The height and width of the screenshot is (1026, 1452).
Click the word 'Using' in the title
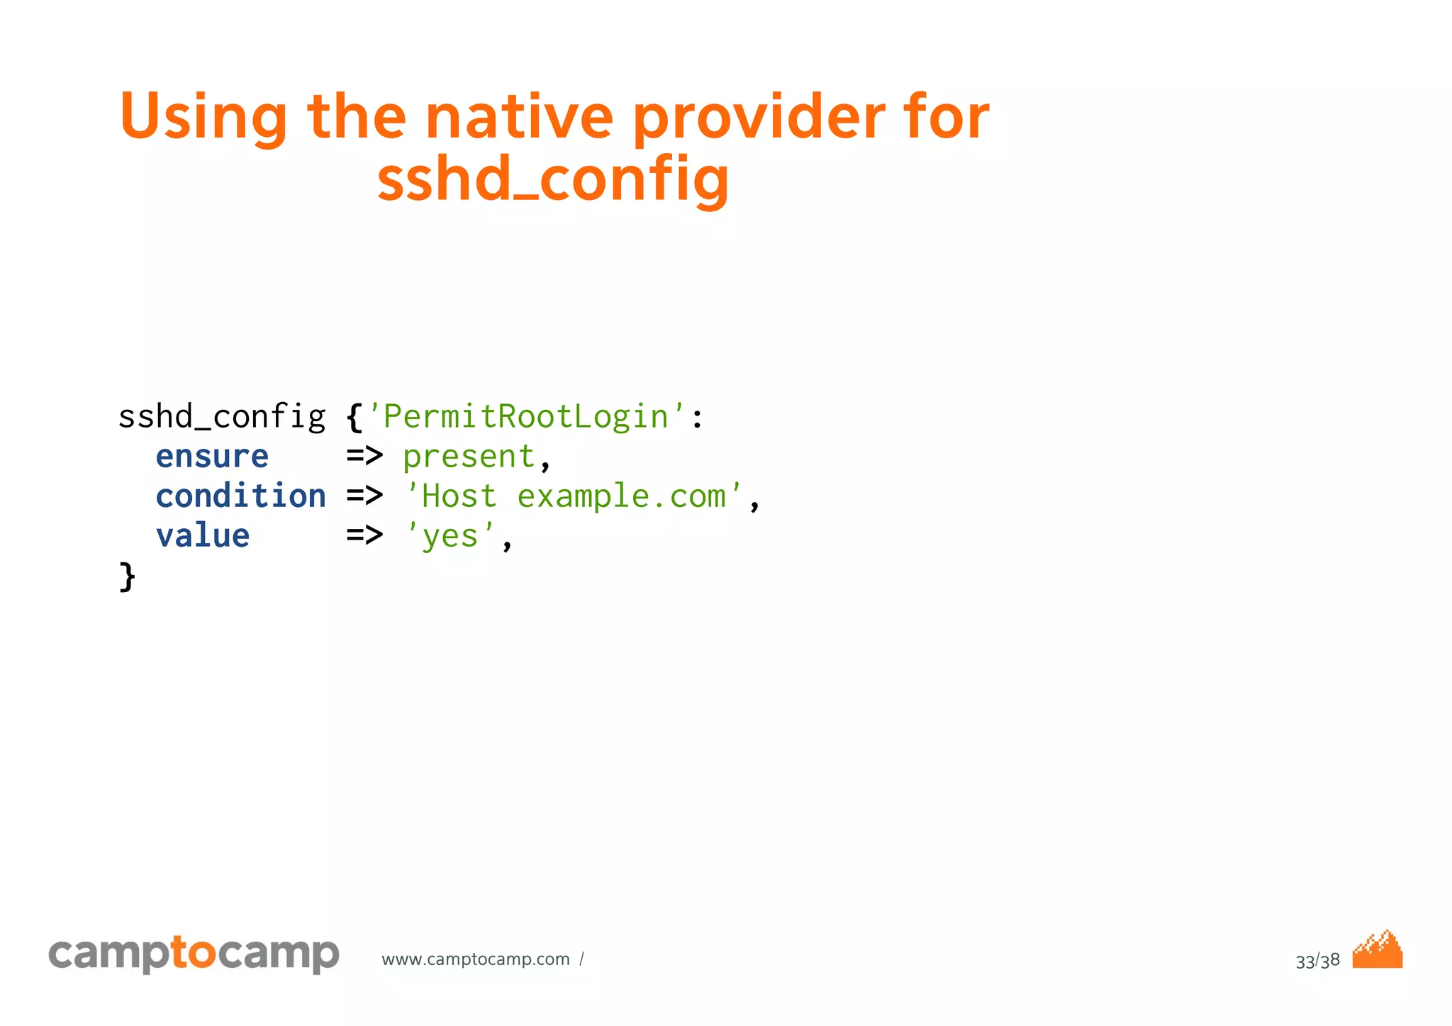(x=203, y=117)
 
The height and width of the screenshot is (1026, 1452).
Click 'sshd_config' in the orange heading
(x=553, y=180)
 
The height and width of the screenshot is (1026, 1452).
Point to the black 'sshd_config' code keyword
(x=221, y=417)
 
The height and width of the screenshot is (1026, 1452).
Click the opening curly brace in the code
(x=354, y=417)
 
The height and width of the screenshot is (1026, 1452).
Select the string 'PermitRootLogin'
(x=525, y=417)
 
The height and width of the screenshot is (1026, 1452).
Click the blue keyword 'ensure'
(x=212, y=457)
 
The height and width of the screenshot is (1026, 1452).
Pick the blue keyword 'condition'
(x=240, y=496)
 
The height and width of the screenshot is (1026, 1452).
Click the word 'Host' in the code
(x=459, y=496)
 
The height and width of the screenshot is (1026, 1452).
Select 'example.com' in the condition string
(x=622, y=496)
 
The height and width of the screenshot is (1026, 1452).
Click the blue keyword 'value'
(x=203, y=536)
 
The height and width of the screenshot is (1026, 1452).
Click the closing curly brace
(x=127, y=576)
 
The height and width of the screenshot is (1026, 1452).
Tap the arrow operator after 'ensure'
(x=364, y=457)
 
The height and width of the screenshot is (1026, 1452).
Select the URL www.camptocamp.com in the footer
(x=475, y=959)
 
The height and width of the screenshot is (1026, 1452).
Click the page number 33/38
(x=1317, y=961)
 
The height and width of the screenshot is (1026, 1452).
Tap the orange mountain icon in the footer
(x=1377, y=950)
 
